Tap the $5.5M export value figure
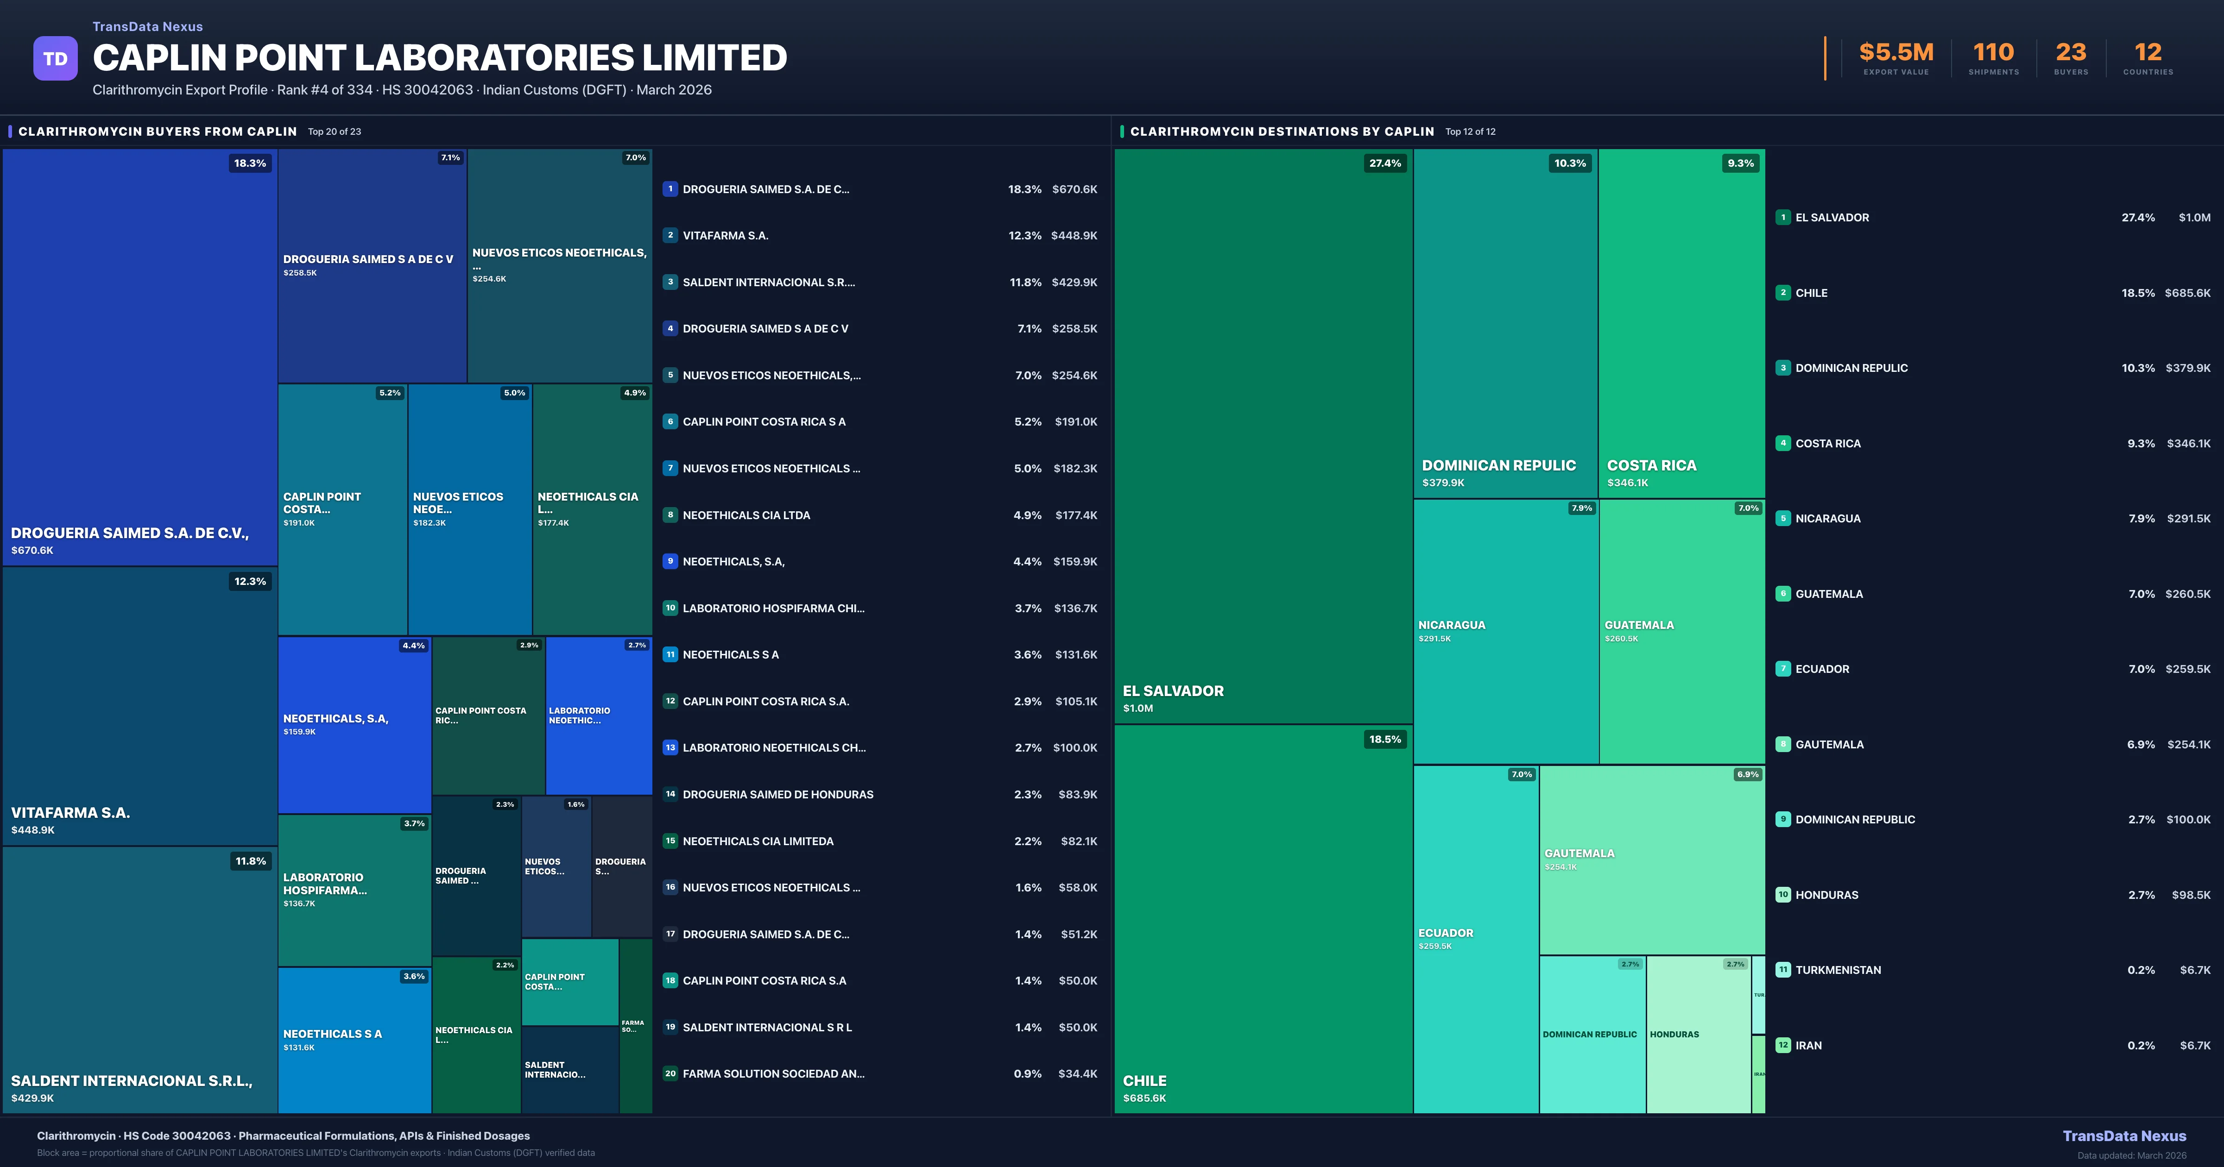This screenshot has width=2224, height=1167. pos(1896,53)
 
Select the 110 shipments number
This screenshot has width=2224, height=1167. pos(1993,53)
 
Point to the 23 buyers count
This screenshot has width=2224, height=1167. pos(2070,53)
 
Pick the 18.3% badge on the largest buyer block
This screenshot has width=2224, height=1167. pos(250,163)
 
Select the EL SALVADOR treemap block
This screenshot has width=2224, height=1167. pos(1263,436)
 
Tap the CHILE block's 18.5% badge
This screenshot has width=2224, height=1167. pos(1385,739)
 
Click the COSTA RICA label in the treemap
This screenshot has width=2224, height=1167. pos(1652,465)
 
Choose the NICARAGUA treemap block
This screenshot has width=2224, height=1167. pos(1506,631)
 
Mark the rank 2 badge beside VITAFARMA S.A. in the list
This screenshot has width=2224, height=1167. pos(670,235)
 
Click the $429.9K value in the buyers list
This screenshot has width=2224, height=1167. pos(1074,282)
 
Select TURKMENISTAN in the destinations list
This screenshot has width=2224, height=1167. pos(1838,970)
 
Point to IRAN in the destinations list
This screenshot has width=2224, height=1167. pos(1809,1045)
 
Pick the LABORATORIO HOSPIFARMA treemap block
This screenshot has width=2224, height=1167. pos(354,890)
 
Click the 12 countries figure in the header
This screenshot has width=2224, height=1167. pos(2148,53)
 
